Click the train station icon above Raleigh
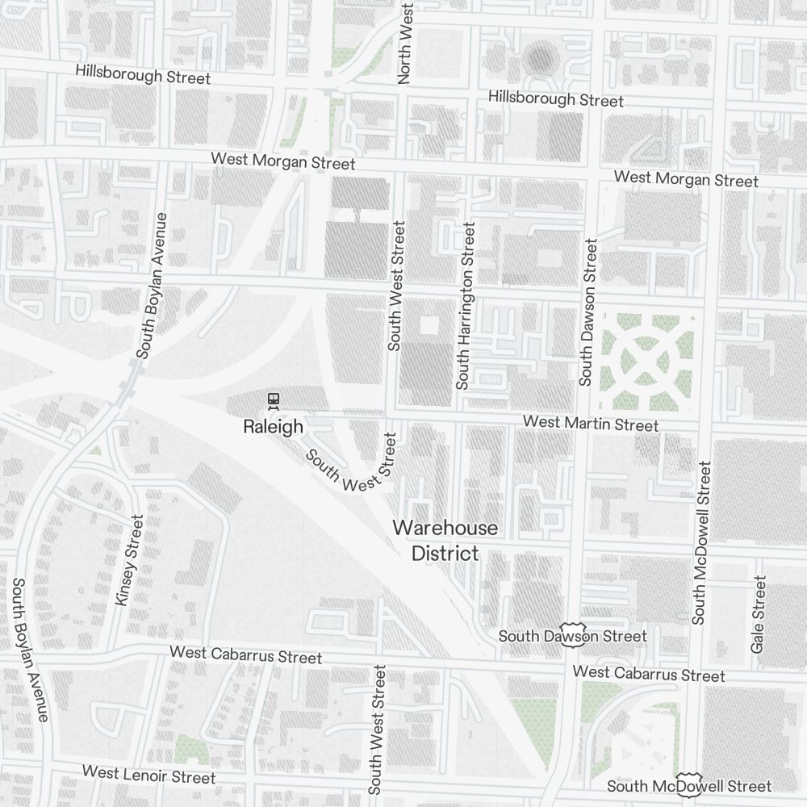click(274, 399)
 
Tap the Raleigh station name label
click(273, 426)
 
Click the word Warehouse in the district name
click(445, 529)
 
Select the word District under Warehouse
click(445, 554)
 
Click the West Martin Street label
click(590, 424)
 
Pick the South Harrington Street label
click(466, 306)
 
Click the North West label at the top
click(405, 42)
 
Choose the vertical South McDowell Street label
click(700, 542)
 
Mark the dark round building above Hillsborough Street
click(538, 58)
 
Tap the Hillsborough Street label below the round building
click(556, 99)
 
